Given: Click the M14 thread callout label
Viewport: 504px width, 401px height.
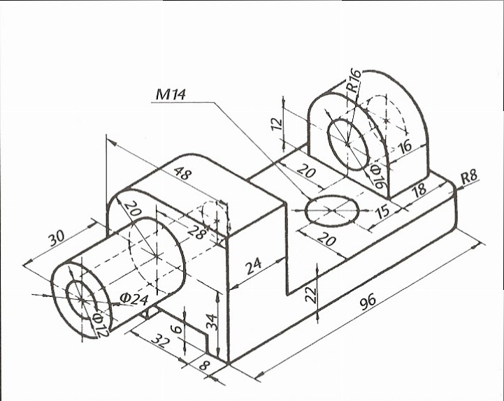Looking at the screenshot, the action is pyautogui.click(x=171, y=94).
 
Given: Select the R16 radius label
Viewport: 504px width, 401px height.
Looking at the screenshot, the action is pyautogui.click(x=353, y=80).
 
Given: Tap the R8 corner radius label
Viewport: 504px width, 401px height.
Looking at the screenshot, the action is pyautogui.click(x=470, y=177).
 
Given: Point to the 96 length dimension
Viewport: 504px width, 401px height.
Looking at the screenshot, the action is pyautogui.click(x=368, y=302).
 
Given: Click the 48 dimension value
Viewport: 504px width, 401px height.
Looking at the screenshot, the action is pyautogui.click(x=183, y=173).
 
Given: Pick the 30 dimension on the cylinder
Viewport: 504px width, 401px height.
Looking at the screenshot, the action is pyautogui.click(x=57, y=237).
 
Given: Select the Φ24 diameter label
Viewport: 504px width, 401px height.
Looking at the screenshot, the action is pyautogui.click(x=134, y=299).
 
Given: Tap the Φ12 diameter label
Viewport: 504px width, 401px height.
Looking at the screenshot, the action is pyautogui.click(x=101, y=325).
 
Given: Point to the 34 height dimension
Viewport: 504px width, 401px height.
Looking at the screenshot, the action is pyautogui.click(x=212, y=322).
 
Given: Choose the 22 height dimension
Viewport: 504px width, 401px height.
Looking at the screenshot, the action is pyautogui.click(x=311, y=295).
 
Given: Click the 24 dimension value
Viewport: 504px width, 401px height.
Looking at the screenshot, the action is pyautogui.click(x=254, y=265).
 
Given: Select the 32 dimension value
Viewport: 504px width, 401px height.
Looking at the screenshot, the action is pyautogui.click(x=160, y=340).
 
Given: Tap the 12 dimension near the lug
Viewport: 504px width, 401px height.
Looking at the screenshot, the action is pyautogui.click(x=277, y=124).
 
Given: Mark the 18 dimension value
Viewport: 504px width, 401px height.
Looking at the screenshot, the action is pyautogui.click(x=419, y=190).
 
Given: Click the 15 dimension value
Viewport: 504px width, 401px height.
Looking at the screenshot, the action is pyautogui.click(x=382, y=212).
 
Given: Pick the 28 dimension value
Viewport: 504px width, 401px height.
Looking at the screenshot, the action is pyautogui.click(x=196, y=232).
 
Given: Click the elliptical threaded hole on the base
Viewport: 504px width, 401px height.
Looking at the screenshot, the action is pyautogui.click(x=332, y=210).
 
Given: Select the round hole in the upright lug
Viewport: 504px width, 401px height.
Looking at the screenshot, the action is pyautogui.click(x=348, y=145).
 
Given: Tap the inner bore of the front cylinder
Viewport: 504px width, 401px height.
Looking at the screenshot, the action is pyautogui.click(x=82, y=300).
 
